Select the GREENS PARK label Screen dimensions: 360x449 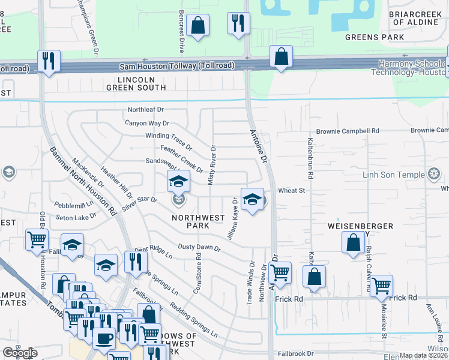click(370, 37)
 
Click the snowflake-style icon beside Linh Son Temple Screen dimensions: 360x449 click(431, 175)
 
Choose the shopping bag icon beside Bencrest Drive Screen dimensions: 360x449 click(197, 26)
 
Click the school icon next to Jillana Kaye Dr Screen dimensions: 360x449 click(253, 200)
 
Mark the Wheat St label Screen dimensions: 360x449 click(292, 190)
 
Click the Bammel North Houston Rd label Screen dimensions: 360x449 click(82, 181)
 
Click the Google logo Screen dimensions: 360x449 click(20, 353)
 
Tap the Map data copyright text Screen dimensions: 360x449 click(423, 355)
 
